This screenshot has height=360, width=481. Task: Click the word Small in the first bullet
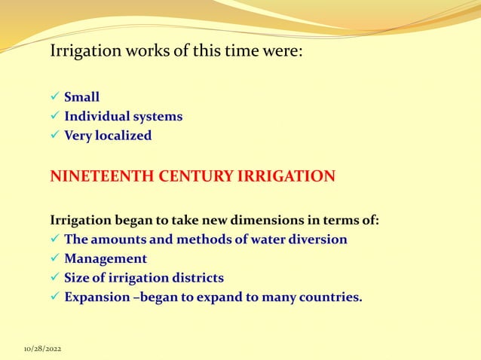click(x=81, y=97)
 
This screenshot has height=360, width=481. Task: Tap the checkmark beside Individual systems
click(x=54, y=117)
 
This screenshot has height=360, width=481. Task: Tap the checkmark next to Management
click(x=54, y=259)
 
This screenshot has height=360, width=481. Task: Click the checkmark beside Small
click(x=54, y=97)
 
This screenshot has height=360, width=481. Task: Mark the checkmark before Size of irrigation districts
click(x=54, y=278)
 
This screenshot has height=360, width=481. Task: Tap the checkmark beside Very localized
click(x=54, y=136)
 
